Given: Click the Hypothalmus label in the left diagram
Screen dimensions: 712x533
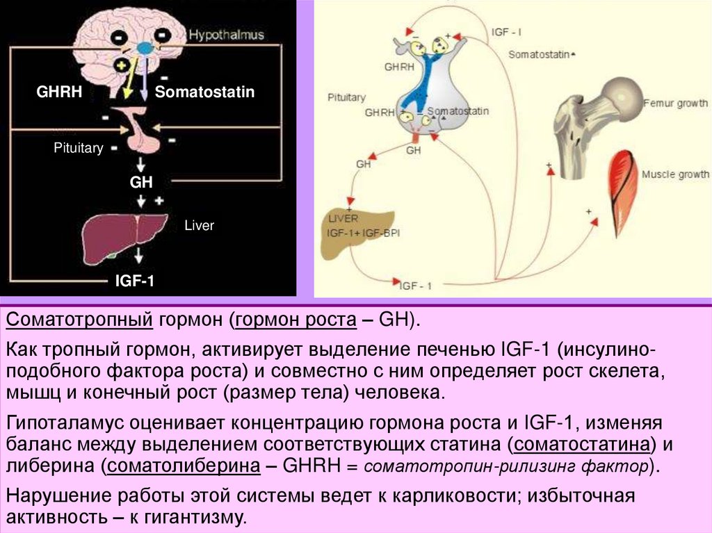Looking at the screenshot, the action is (x=227, y=35).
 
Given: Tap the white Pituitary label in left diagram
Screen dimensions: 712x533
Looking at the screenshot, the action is (x=79, y=148).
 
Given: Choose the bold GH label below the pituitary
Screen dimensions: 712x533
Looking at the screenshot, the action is (x=141, y=182).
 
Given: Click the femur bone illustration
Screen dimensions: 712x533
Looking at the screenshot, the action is (x=591, y=118).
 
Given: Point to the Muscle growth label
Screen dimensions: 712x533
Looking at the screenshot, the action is (x=674, y=174).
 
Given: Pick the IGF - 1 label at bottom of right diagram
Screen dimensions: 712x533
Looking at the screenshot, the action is (x=416, y=285).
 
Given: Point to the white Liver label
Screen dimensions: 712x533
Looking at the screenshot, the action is (x=199, y=225).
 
